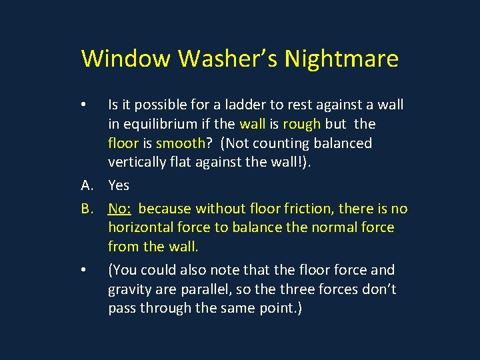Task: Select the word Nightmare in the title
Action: (341, 59)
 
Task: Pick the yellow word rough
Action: (301, 124)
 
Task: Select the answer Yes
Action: (119, 185)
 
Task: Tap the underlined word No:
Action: (119, 209)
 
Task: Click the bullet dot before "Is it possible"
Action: (83, 105)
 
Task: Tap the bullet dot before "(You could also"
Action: (83, 270)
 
